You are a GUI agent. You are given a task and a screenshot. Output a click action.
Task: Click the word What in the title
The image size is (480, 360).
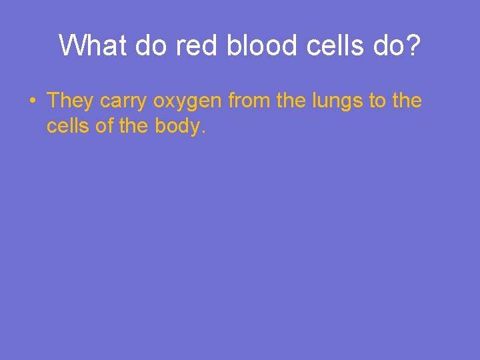[92, 45]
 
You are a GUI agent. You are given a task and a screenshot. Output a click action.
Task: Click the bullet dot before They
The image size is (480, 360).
[32, 101]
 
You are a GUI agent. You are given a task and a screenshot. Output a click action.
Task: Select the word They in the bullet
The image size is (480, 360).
[71, 101]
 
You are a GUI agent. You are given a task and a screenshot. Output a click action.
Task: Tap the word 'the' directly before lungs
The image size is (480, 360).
[289, 101]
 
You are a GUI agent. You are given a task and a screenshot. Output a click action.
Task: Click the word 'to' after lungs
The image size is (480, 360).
[374, 101]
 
